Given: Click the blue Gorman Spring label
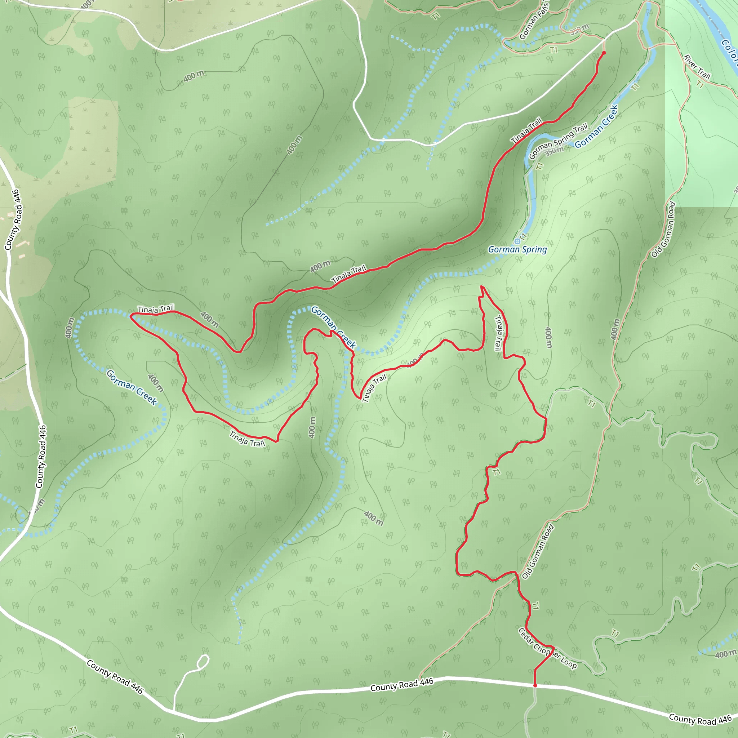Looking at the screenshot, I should point(517,249).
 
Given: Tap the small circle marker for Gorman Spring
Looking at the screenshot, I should point(517,241).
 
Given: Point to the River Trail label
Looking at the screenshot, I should point(697,67).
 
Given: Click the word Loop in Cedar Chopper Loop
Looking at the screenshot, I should point(568,663).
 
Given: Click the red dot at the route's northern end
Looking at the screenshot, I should point(604,53).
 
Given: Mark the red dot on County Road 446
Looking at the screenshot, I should point(535,685).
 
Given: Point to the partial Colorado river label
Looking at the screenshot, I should point(730,53).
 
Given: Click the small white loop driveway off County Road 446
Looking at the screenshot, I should point(204,662).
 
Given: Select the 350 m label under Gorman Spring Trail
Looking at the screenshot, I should point(555,151).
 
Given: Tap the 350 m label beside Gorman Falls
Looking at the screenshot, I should point(579,30).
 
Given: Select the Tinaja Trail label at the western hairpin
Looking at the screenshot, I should point(155,309).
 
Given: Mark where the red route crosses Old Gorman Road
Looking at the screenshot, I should point(516,574).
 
